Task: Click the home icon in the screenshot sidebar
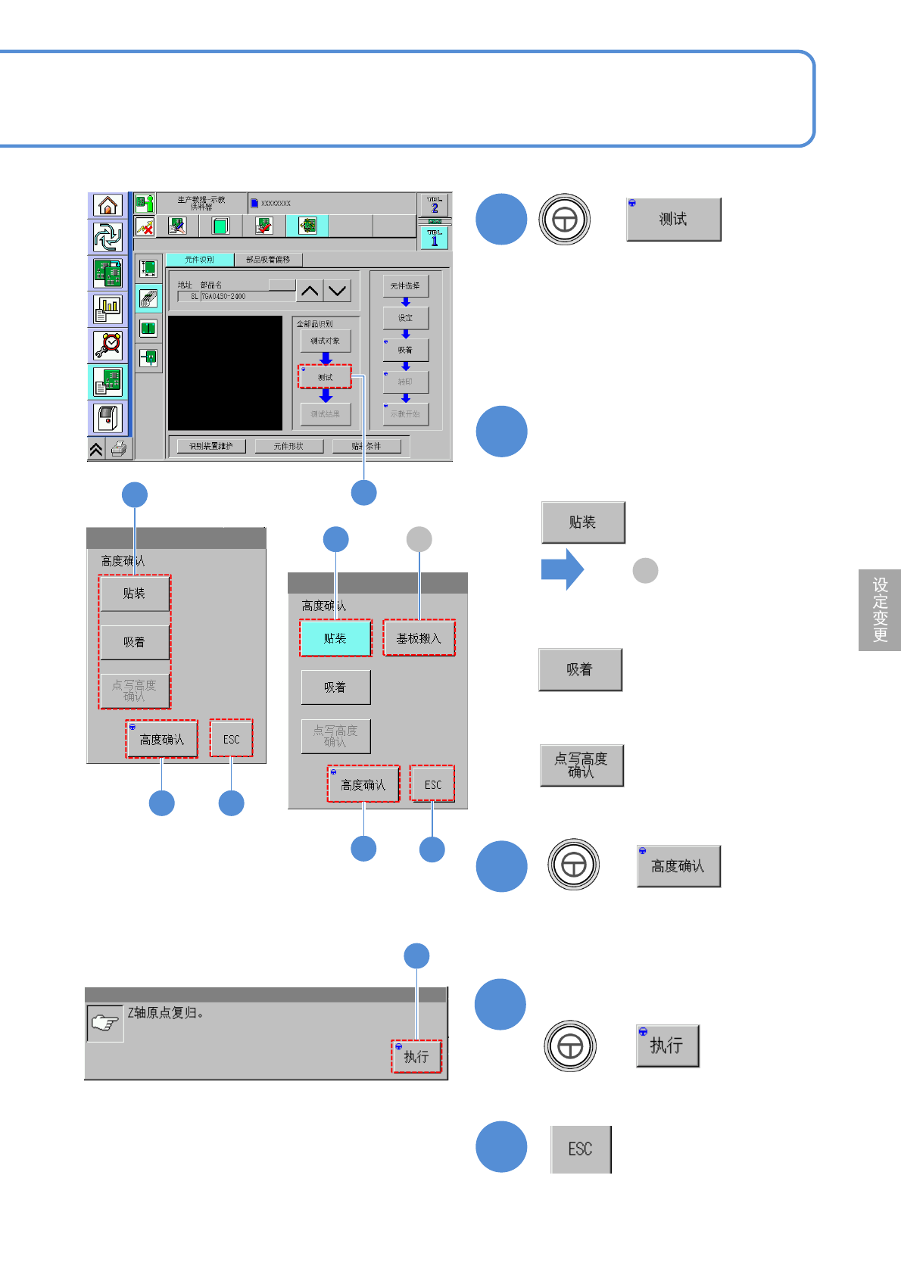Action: pyautogui.click(x=108, y=205)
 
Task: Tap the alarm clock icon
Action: pyautogui.click(x=108, y=345)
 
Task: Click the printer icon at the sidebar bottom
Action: pyautogui.click(x=119, y=449)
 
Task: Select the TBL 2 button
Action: pyautogui.click(x=435, y=204)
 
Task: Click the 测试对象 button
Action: pyautogui.click(x=326, y=341)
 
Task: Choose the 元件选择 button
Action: pyautogui.click(x=405, y=285)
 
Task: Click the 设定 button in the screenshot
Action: pyautogui.click(x=405, y=318)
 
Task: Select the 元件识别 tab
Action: pyautogui.click(x=200, y=260)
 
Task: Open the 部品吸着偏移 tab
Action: pyautogui.click(x=268, y=260)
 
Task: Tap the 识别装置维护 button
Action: pyautogui.click(x=210, y=446)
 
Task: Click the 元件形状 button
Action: pyautogui.click(x=288, y=446)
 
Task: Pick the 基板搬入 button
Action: pyautogui.click(x=419, y=638)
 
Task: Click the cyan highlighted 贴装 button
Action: pyautogui.click(x=335, y=638)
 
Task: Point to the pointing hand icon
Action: pyautogui.click(x=105, y=1024)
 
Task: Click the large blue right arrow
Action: pyautogui.click(x=562, y=569)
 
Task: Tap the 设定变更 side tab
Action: pyautogui.click(x=880, y=610)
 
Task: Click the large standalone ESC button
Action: pyautogui.click(x=581, y=1149)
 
